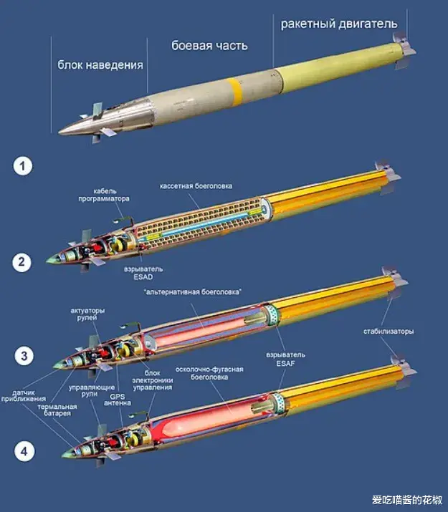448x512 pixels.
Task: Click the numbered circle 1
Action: point(24,168)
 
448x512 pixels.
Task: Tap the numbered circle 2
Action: point(24,262)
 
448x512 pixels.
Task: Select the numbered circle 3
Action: point(24,356)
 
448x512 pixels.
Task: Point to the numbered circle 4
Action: point(24,452)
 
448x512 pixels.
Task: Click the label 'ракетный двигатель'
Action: point(338,24)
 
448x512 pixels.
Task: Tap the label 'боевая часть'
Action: point(209,46)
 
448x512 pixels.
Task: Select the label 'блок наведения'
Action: point(100,64)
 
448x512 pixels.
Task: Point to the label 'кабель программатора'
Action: point(111,195)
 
